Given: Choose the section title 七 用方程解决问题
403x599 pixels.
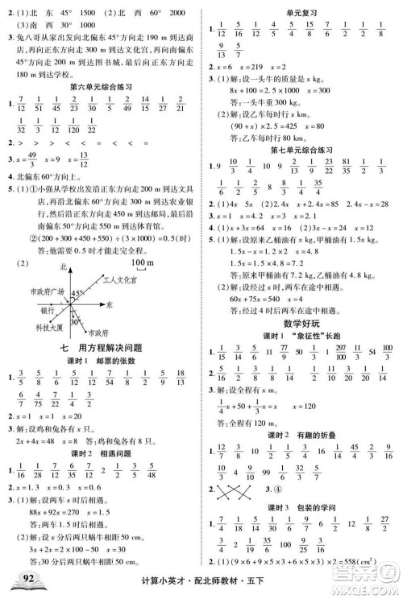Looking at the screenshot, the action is coord(100,346).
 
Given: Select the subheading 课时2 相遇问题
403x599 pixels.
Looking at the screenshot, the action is coord(100,456).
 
